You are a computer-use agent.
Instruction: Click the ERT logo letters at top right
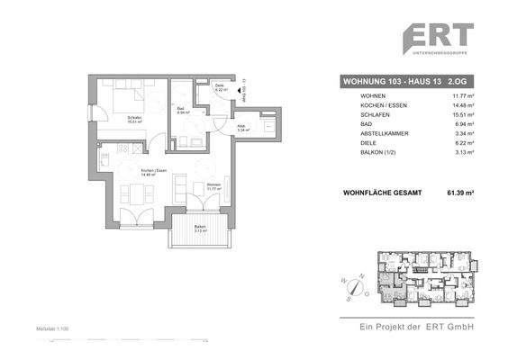tap(437, 39)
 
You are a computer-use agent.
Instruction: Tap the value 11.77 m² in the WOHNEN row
tap(460, 95)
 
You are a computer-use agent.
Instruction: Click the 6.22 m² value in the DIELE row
tap(462, 144)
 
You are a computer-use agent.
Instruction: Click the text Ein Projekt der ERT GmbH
tap(416, 326)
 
